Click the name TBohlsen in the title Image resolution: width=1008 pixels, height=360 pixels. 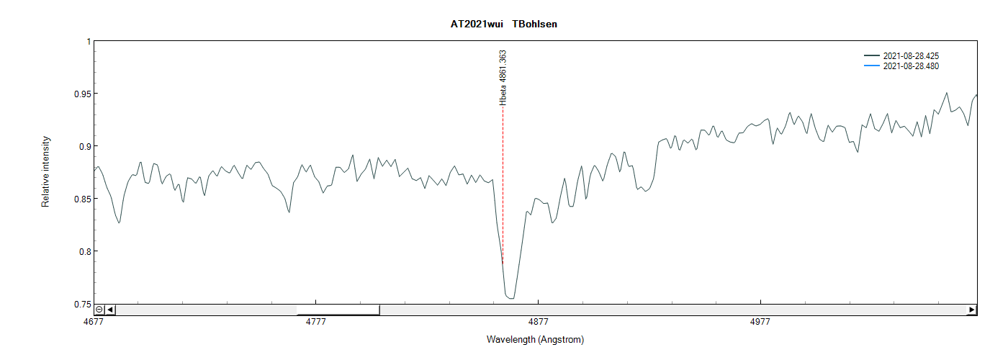(x=534, y=24)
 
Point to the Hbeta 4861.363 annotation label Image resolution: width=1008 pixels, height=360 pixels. (x=503, y=78)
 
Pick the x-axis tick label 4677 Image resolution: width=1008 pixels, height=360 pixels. (x=94, y=322)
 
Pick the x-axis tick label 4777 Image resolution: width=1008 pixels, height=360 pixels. (x=316, y=322)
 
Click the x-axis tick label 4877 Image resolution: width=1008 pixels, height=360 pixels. (x=539, y=322)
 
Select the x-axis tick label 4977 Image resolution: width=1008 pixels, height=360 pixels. (x=760, y=322)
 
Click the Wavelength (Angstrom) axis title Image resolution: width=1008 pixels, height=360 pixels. (x=535, y=340)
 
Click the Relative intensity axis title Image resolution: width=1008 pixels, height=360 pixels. (x=45, y=171)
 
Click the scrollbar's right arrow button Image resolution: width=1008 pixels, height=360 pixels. (x=972, y=310)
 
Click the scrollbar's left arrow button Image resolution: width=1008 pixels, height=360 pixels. (x=110, y=310)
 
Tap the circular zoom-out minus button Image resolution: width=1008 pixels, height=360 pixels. (x=99, y=310)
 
